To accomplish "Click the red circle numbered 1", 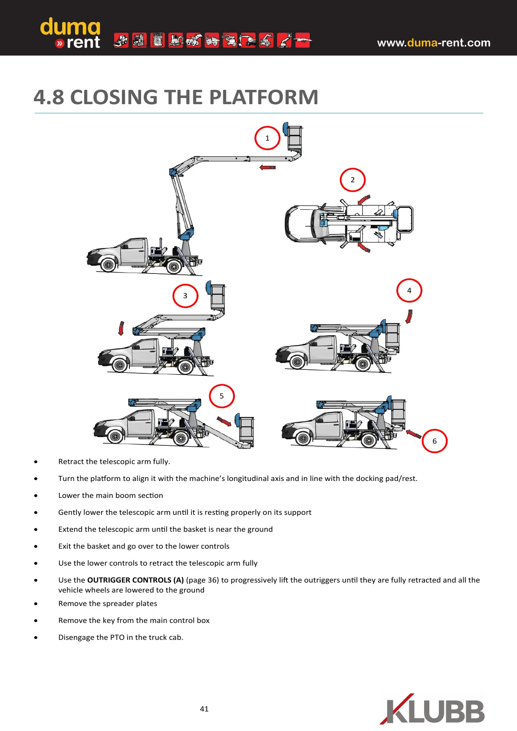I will click(x=267, y=138).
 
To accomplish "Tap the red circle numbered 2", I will click(x=352, y=180).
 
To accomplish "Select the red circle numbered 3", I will click(x=185, y=296).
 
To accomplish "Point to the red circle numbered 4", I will click(x=409, y=290).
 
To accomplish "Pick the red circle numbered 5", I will click(x=222, y=396).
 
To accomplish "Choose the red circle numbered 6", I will click(x=435, y=441).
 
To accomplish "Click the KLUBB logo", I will click(x=433, y=709).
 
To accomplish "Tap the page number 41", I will click(x=204, y=709).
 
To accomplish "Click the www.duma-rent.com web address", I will click(x=434, y=43).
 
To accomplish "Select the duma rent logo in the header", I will click(x=70, y=33).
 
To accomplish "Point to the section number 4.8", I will click(x=49, y=97).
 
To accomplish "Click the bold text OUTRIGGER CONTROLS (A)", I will click(x=135, y=580).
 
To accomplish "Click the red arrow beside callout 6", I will click(x=414, y=434).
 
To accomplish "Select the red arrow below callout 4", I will click(x=408, y=316).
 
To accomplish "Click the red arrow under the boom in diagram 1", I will click(x=267, y=168).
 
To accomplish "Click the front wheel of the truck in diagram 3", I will click(x=119, y=365).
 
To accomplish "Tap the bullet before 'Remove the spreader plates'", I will click(x=36, y=604).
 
